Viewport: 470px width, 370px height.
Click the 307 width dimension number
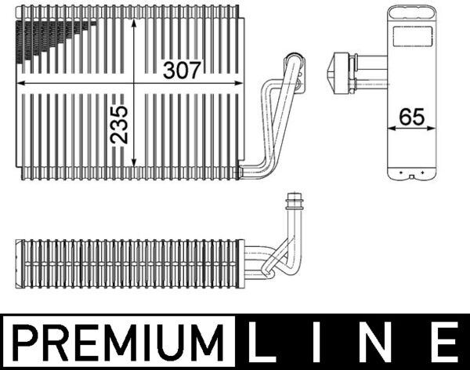click(182, 70)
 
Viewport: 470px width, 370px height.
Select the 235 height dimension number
click(120, 124)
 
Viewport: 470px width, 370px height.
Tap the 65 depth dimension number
click(411, 117)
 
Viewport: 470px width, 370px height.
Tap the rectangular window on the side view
click(411, 37)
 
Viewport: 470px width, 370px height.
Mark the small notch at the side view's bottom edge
click(411, 176)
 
